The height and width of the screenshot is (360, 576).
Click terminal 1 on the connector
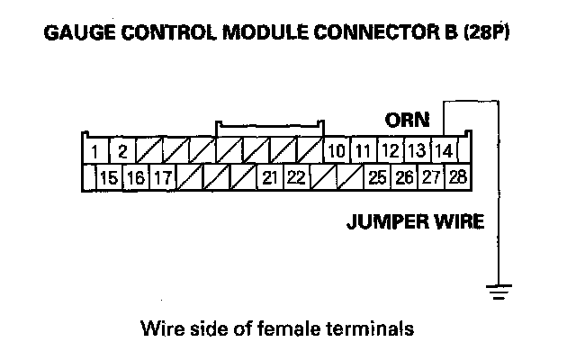[x=94, y=149]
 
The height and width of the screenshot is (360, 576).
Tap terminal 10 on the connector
[x=336, y=149]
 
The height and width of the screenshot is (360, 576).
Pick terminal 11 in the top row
[x=363, y=149]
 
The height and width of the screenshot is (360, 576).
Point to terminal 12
[x=390, y=149]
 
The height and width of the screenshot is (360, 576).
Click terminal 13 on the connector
[x=416, y=149]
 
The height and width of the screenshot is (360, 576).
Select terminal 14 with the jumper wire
[x=444, y=149]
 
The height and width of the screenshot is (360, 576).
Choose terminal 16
[x=135, y=176]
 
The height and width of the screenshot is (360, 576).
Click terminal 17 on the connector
[x=162, y=176]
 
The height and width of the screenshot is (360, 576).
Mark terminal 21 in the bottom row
[x=269, y=176]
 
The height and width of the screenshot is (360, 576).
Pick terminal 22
[x=296, y=176]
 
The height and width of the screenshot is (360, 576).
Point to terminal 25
[x=377, y=176]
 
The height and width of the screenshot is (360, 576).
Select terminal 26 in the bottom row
[x=404, y=176]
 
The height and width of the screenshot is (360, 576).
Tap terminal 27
[x=431, y=176]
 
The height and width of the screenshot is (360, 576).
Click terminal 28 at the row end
[x=457, y=176]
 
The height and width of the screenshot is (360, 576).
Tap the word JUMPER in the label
[x=381, y=221]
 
